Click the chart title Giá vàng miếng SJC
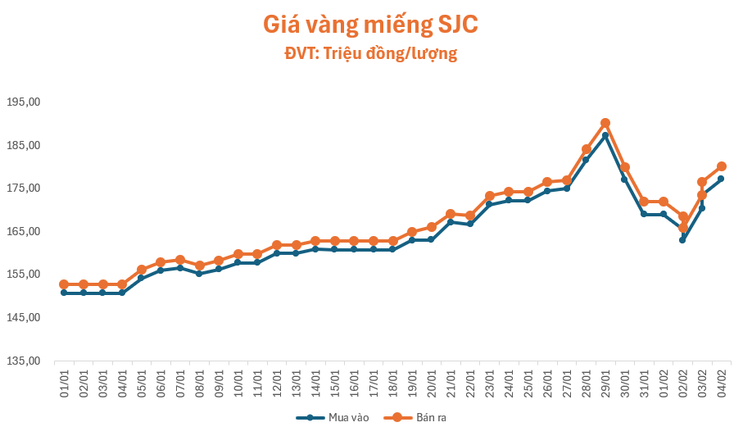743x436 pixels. (370, 25)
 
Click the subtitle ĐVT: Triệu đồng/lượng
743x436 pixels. (370, 54)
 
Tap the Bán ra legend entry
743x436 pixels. (421, 417)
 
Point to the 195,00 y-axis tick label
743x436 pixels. (23, 102)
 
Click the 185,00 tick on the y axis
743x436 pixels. (23, 145)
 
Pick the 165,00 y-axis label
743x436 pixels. (23, 231)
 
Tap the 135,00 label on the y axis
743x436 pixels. (23, 361)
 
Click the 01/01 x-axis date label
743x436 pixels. (64, 382)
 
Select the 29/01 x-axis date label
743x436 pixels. (605, 382)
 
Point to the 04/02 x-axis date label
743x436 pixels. (721, 382)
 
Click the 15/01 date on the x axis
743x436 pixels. (334, 382)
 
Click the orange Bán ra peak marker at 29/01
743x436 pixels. (605, 123)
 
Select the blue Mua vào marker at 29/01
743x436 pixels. (605, 135)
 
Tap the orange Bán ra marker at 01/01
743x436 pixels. (64, 284)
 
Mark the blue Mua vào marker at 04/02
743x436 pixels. (721, 179)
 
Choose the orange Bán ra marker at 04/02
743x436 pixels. (722, 166)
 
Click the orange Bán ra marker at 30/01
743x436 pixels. (624, 167)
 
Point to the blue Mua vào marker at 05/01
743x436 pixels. (141, 278)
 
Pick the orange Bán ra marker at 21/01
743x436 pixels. (451, 214)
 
